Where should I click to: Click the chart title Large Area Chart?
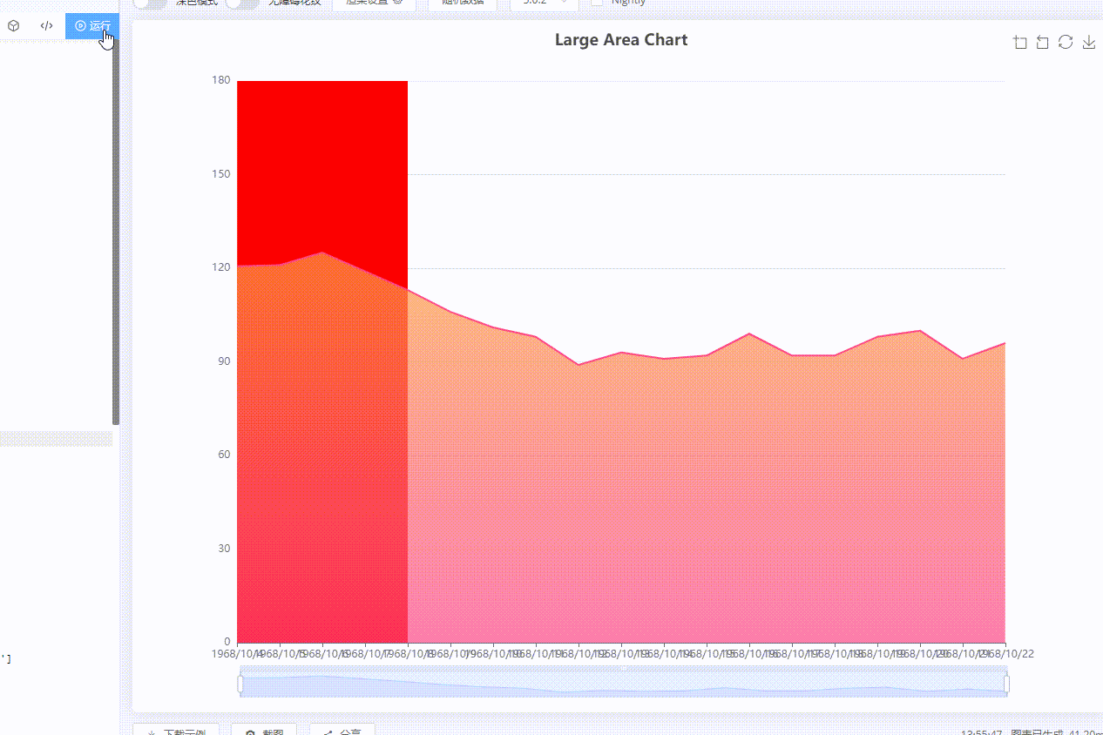click(621, 40)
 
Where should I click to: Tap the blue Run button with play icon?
click(92, 26)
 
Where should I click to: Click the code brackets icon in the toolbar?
click(46, 26)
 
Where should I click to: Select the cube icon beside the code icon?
click(13, 26)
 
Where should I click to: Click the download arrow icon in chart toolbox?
click(1088, 43)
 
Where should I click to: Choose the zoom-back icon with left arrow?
click(1043, 43)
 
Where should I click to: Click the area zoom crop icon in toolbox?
click(1020, 43)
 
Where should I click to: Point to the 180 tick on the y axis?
click(220, 80)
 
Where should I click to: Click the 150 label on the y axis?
click(220, 174)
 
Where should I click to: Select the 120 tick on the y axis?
click(220, 267)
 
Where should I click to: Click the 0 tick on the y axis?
click(227, 642)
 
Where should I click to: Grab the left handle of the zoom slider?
click(240, 684)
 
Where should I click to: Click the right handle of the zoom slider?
click(1006, 684)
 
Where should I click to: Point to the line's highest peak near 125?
click(322, 253)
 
